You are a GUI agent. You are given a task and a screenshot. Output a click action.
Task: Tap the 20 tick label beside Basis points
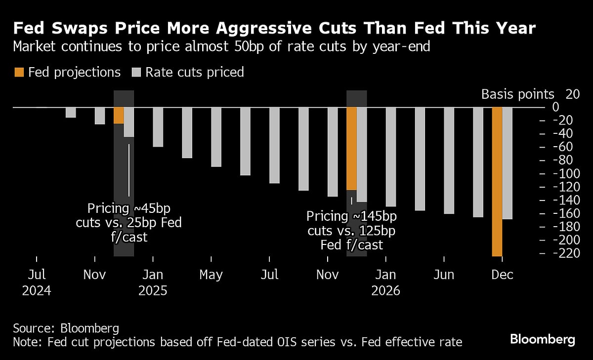pyautogui.click(x=572, y=94)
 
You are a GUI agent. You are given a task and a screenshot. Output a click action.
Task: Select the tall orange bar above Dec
pyautogui.click(x=497, y=181)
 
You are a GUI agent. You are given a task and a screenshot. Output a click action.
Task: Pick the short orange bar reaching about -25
pyautogui.click(x=119, y=115)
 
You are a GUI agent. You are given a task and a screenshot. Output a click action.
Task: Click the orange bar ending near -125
pyautogui.click(x=351, y=148)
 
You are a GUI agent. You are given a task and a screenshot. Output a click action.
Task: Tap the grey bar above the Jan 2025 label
pyautogui.click(x=158, y=127)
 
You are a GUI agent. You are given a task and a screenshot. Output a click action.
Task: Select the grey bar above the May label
pyautogui.click(x=216, y=137)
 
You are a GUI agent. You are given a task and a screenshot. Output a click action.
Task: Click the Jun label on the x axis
pyautogui.click(x=444, y=275)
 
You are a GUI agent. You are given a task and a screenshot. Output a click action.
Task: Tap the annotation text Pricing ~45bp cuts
pyautogui.click(x=128, y=215)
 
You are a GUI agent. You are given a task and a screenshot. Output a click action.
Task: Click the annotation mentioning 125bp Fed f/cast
pyautogui.click(x=351, y=230)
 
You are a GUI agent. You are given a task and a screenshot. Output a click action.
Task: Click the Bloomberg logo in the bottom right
pyautogui.click(x=543, y=339)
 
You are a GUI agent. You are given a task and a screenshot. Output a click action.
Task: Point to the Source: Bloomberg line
pyautogui.click(x=66, y=328)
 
